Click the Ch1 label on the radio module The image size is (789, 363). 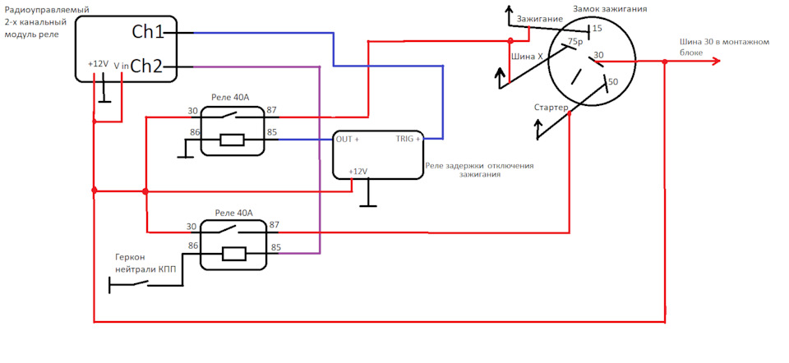coord(148,33)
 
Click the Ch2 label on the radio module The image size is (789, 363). coord(147,67)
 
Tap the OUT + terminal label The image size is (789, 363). coord(348,140)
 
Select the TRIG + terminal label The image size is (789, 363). coord(408,140)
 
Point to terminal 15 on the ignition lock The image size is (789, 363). coord(597,29)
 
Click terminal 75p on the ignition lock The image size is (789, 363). coord(574,41)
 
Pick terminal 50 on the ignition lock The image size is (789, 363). coord(612,81)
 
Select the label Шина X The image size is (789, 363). coord(527,57)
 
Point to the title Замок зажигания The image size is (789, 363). coord(610,9)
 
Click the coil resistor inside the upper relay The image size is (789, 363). coord(232,140)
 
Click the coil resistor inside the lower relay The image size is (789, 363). coord(233,254)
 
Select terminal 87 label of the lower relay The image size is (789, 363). coord(275,225)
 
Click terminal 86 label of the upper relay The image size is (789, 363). coord(194,132)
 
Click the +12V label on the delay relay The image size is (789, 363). coord(358,172)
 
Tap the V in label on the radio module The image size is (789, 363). coord(121,66)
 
